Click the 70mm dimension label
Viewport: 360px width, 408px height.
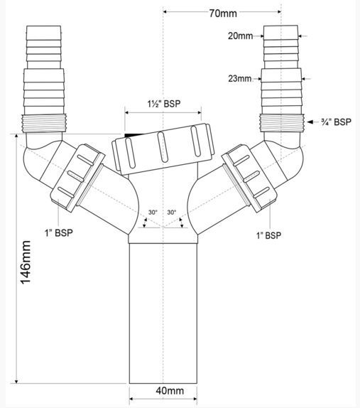223,13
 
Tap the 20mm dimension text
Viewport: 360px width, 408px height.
241,36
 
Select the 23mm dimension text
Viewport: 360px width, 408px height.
240,78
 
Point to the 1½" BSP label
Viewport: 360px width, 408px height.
164,104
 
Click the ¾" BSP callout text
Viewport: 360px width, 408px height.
336,122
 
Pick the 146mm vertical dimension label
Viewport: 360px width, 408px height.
26,262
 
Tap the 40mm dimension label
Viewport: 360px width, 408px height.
170,390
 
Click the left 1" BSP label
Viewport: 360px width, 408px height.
59,232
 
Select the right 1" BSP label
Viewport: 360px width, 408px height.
269,235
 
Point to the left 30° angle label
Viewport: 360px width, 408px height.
153,213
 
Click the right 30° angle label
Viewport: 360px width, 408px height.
172,213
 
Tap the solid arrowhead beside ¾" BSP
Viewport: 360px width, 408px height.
310,122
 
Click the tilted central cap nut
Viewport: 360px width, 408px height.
163,149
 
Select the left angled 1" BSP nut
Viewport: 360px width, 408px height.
77,178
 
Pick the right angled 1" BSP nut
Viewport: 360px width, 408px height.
249,178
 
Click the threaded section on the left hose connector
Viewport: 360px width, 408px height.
43,124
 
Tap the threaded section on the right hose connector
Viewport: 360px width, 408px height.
282,123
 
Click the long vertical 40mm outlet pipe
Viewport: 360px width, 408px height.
163,313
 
